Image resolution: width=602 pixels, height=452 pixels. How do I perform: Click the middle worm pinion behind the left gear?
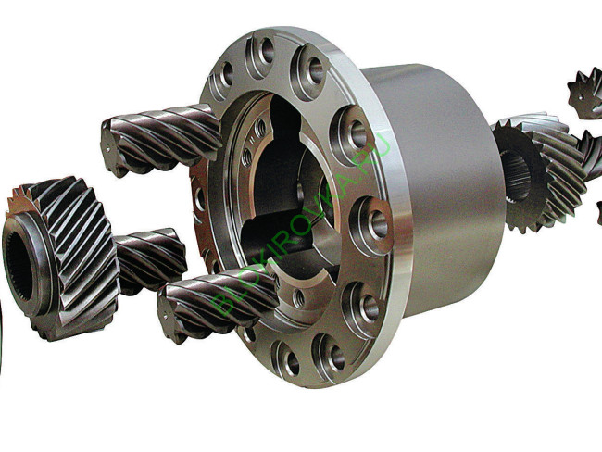148,259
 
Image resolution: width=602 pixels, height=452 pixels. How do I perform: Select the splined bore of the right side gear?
514,176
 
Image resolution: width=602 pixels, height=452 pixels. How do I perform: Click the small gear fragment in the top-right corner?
585,93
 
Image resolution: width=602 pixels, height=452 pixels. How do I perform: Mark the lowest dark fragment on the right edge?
598,212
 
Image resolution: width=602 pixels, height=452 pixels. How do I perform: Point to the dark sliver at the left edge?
2,343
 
